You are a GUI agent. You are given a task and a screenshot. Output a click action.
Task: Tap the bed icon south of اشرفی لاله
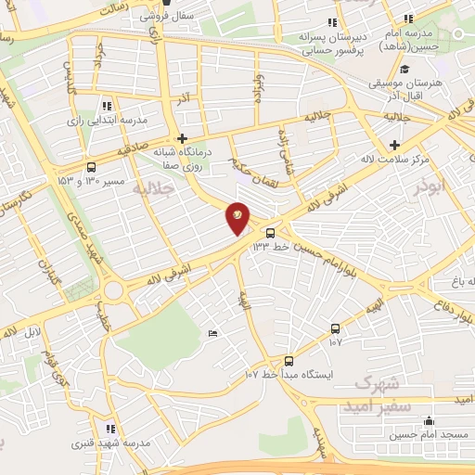(x=214, y=333)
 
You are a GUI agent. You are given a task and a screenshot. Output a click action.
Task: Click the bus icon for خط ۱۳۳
(x=270, y=233)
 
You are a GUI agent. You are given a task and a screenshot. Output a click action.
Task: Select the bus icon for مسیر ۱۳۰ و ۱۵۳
(x=91, y=167)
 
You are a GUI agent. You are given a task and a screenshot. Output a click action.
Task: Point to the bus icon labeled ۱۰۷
(x=335, y=328)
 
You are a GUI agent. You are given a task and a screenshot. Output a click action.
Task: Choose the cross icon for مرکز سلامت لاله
(x=395, y=144)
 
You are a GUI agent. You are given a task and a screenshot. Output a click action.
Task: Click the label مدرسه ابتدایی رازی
(x=116, y=121)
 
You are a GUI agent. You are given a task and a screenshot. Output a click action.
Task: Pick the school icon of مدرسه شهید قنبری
(x=109, y=429)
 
